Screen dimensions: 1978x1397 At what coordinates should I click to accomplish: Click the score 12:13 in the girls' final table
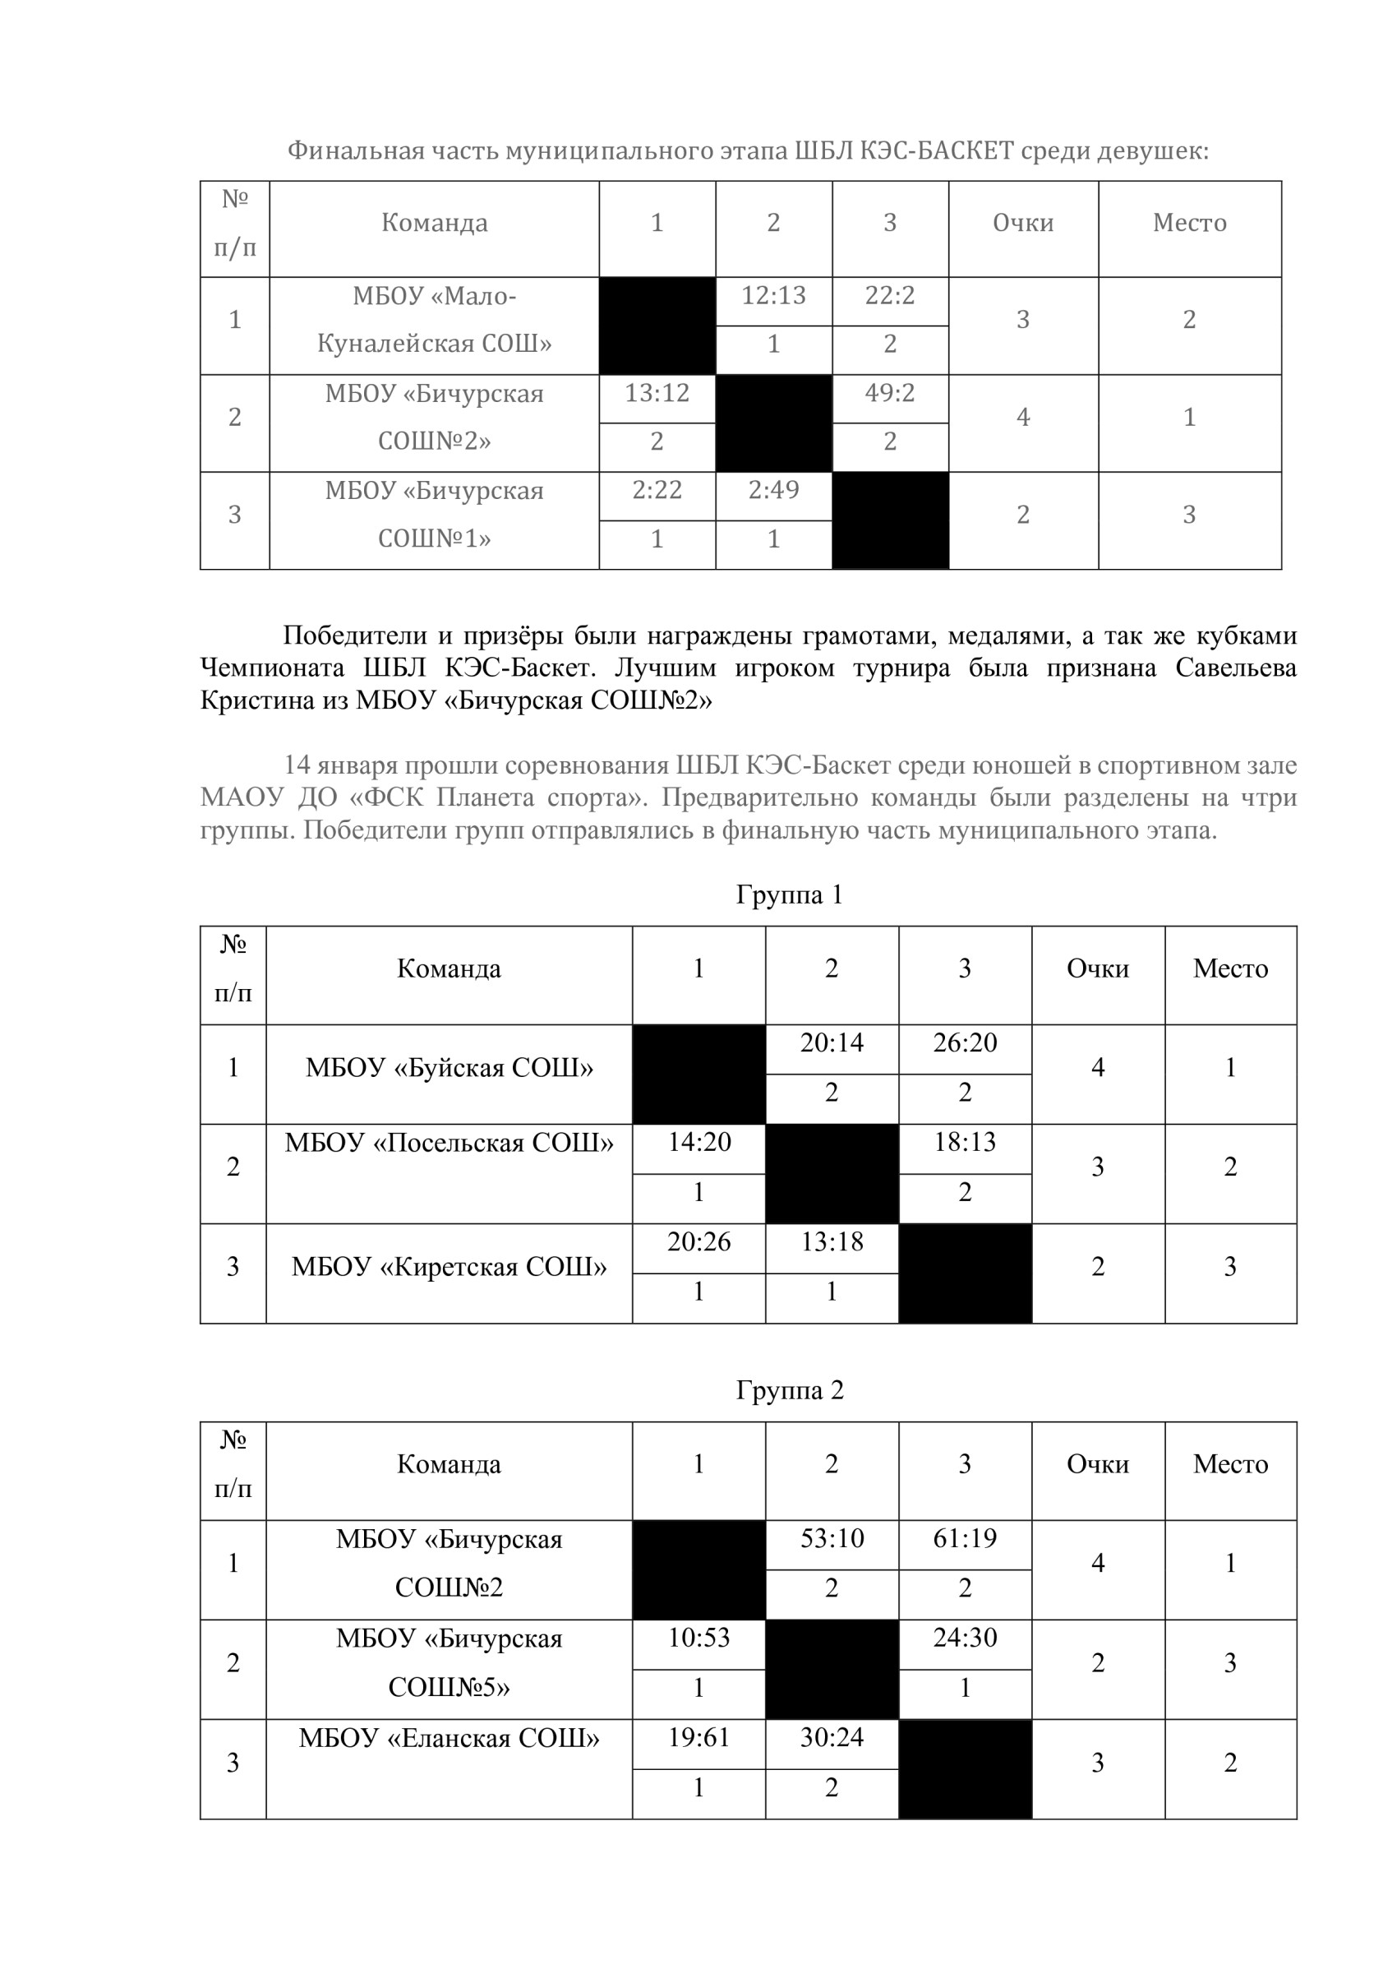tap(773, 295)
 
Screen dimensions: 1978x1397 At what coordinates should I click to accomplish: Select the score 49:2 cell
tap(890, 393)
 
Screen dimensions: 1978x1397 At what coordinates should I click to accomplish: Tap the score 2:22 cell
tap(657, 490)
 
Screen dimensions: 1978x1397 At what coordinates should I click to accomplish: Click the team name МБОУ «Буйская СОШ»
tap(449, 1068)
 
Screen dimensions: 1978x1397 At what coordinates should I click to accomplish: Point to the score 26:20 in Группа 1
tap(965, 1043)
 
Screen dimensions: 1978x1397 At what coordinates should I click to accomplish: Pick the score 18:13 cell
tap(965, 1143)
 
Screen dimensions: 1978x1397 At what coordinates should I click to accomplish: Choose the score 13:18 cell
tap(831, 1242)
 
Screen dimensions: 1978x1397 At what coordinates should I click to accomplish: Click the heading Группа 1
tap(789, 895)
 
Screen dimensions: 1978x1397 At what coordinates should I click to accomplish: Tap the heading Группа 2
tap(789, 1390)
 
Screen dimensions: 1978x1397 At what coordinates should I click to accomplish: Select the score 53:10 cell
tap(831, 1539)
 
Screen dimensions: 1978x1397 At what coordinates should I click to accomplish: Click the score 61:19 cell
tap(965, 1539)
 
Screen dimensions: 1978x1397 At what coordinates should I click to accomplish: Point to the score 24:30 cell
tap(965, 1638)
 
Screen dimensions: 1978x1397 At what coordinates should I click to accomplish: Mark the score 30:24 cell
tap(831, 1738)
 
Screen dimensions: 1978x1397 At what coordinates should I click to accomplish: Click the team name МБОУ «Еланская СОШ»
tap(449, 1739)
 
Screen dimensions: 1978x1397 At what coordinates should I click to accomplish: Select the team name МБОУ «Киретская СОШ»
tap(449, 1267)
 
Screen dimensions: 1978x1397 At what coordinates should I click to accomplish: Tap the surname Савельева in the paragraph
tap(1235, 668)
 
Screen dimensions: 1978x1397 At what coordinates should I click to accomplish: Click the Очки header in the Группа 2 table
tap(1097, 1464)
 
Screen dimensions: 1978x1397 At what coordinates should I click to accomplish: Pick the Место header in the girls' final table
tap(1188, 223)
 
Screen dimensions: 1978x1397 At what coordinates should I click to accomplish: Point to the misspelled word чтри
tap(1269, 797)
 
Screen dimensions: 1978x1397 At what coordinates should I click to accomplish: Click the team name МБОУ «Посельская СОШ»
tap(449, 1144)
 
